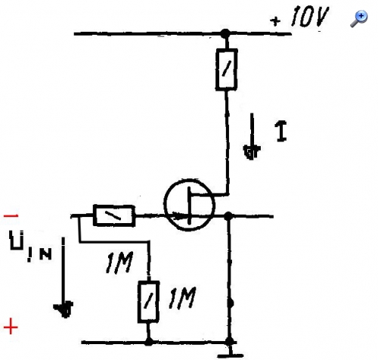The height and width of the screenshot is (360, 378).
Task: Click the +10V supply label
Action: [300, 17]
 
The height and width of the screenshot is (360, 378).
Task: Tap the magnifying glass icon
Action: [359, 19]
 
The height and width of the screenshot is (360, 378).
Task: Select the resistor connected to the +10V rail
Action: [226, 70]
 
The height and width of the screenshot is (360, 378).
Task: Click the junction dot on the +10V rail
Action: [225, 33]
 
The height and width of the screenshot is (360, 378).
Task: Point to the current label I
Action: [282, 131]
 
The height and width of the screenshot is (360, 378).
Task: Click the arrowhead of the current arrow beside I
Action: [252, 152]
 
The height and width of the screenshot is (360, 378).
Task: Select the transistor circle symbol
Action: [189, 205]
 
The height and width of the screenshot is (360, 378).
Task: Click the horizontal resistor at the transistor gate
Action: [114, 216]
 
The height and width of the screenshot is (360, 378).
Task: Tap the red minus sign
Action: [11, 216]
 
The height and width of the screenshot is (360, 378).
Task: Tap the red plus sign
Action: [11, 327]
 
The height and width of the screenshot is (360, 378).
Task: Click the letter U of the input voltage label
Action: [17, 240]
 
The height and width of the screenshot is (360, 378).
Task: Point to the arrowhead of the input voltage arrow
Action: [64, 309]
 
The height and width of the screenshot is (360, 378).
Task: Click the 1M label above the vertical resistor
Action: [119, 262]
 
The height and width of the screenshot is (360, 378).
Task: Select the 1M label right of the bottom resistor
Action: [182, 298]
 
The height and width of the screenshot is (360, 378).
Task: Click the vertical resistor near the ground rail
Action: [148, 302]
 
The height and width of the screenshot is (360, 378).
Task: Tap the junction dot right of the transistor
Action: [228, 216]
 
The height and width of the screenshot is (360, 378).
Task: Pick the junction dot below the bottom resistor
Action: [149, 342]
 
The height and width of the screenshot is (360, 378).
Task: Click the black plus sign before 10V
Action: [275, 21]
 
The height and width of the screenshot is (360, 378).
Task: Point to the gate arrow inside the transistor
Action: [180, 216]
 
